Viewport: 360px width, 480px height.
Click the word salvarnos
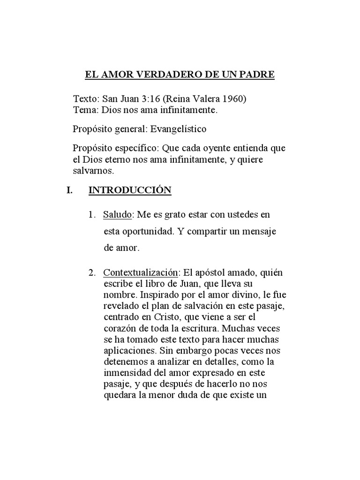click(x=93, y=172)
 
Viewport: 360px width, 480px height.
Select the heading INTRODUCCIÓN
click(x=130, y=190)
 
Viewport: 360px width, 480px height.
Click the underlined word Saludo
click(x=118, y=215)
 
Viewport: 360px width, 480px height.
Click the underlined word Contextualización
click(x=141, y=273)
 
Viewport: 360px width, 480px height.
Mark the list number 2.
click(x=91, y=273)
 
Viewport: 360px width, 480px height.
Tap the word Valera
click(x=202, y=99)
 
